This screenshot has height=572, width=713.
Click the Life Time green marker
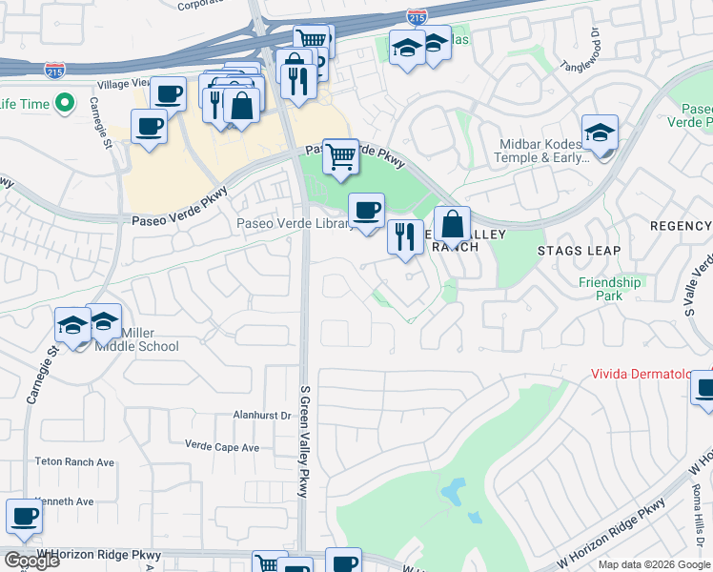coord(66,102)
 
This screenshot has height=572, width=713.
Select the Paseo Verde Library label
coord(295,225)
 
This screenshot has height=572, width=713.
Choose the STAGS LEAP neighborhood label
coord(579,251)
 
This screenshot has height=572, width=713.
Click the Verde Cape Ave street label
coord(222,447)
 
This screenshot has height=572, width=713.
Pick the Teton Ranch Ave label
coord(74,462)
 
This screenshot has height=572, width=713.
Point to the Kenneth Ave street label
coord(64,501)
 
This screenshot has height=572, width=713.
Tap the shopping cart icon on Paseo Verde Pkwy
coord(340,156)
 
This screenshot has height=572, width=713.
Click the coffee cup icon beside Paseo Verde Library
coord(366,211)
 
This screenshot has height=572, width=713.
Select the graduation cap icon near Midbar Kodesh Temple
coord(601,133)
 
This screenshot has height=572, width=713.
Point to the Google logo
coord(31,561)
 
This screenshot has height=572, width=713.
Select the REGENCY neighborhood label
coord(680,226)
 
